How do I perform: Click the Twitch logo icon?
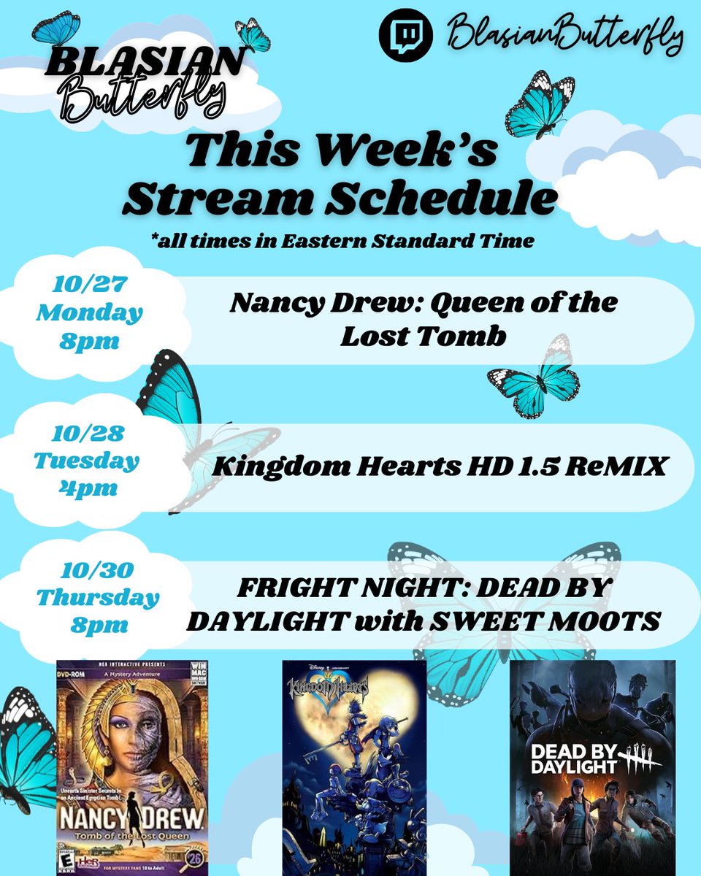pos(405,34)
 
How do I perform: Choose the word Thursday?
pos(98,598)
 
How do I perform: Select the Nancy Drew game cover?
pos(132,766)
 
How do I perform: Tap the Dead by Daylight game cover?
pos(592,766)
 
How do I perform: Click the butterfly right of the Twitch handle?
pos(540,104)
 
